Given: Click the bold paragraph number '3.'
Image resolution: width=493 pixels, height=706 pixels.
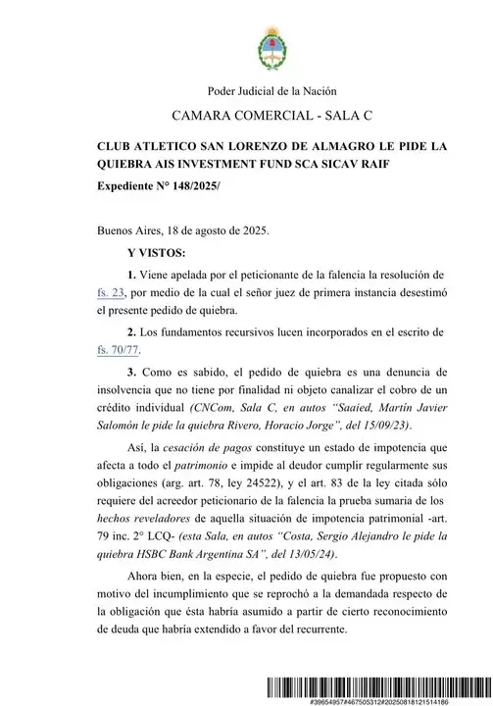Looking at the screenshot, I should click(134, 373).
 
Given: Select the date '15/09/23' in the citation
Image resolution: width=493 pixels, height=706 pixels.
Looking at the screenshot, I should click(357, 426).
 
